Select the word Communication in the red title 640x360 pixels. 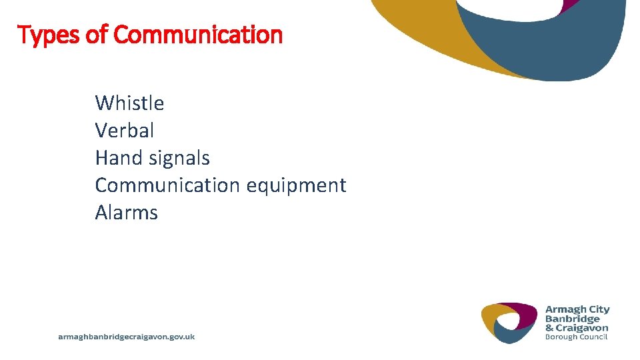[x=198, y=34]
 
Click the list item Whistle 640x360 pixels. [x=129, y=103]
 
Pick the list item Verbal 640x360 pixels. [x=124, y=130]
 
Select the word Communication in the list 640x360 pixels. [x=168, y=185]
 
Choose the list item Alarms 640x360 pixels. [x=126, y=213]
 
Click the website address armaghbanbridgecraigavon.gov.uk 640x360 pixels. [x=127, y=337]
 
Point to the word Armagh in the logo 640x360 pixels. [x=566, y=309]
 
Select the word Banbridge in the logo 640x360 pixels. [x=572, y=319]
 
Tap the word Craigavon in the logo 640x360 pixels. [x=583, y=327]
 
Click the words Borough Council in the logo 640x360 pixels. [x=577, y=337]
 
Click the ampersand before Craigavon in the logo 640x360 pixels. [x=549, y=327]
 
